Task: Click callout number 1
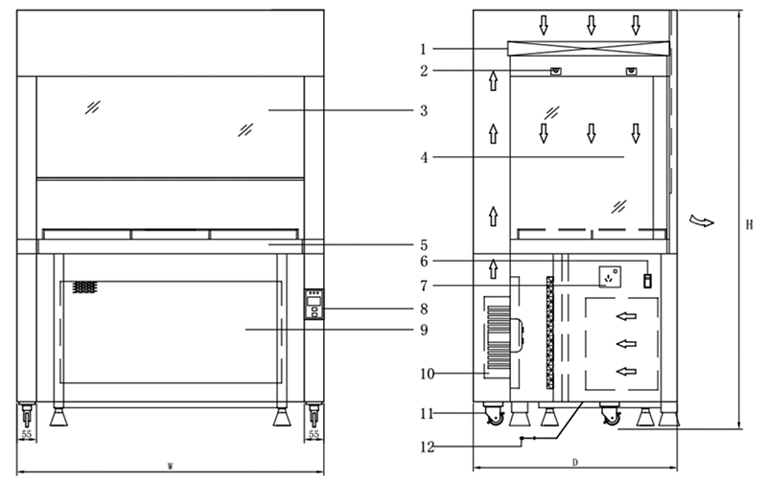coord(424,49)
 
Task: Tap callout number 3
coord(424,111)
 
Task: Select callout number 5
coord(424,245)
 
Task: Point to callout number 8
coord(424,309)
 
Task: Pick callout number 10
coord(427,374)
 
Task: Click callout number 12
coord(427,447)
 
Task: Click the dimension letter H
coord(749,225)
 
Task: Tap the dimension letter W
coord(171,466)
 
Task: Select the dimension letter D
coord(575,462)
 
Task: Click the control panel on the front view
coord(314,304)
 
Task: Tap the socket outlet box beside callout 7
coord(610,277)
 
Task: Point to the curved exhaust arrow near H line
coord(702,221)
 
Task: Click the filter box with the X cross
coord(589,49)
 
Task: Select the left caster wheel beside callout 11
coord(495,415)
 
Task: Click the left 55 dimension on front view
coord(26,434)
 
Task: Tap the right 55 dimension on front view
coord(314,434)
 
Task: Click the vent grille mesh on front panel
coord(84,287)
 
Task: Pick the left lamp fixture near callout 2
coord(556,71)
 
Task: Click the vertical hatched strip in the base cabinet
coord(549,333)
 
